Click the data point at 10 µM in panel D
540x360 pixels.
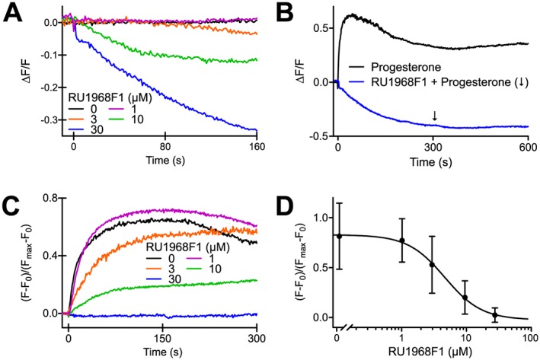coord(465,298)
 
